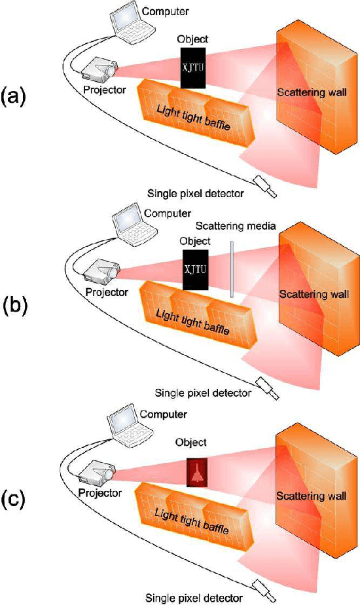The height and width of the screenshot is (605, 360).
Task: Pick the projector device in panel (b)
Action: coord(100,269)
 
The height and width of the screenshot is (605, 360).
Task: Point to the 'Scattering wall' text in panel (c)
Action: coord(306,496)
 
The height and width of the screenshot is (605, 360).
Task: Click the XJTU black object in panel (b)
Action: coord(194,268)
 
